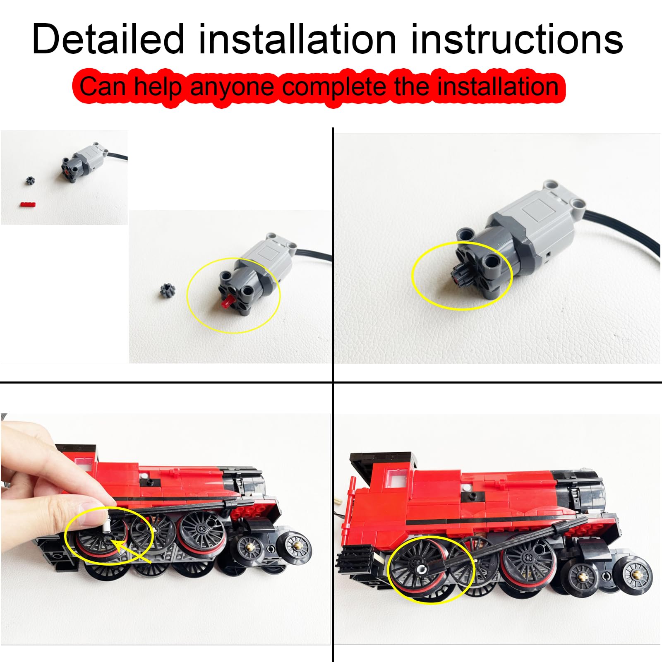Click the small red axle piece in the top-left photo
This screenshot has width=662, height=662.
pos(28,204)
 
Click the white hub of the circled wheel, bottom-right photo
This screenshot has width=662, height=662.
pos(420,570)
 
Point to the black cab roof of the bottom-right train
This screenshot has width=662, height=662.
pos(383,459)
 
